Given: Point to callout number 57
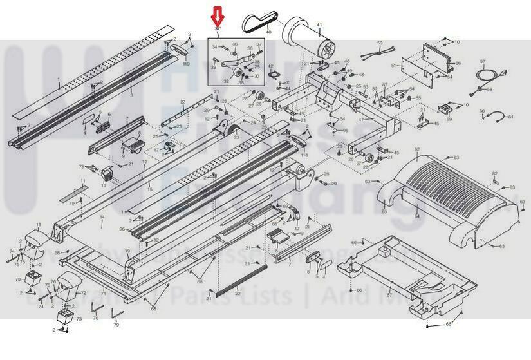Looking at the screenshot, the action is click(482, 62).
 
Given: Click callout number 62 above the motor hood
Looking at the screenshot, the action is click(417, 149).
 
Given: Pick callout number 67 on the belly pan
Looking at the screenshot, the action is click(389, 295).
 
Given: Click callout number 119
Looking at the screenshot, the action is click(187, 64).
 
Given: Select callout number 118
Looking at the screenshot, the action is click(304, 155).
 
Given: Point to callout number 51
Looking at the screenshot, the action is click(393, 66).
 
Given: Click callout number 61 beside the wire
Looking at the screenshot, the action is click(511, 117).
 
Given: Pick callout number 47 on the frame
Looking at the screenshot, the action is click(361, 120).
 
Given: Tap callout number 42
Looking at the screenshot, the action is click(271, 66).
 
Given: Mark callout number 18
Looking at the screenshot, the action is click(37, 225).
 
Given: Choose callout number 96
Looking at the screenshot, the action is click(121, 229).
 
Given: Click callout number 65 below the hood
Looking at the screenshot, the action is click(384, 211).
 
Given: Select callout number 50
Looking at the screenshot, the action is click(380, 43).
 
